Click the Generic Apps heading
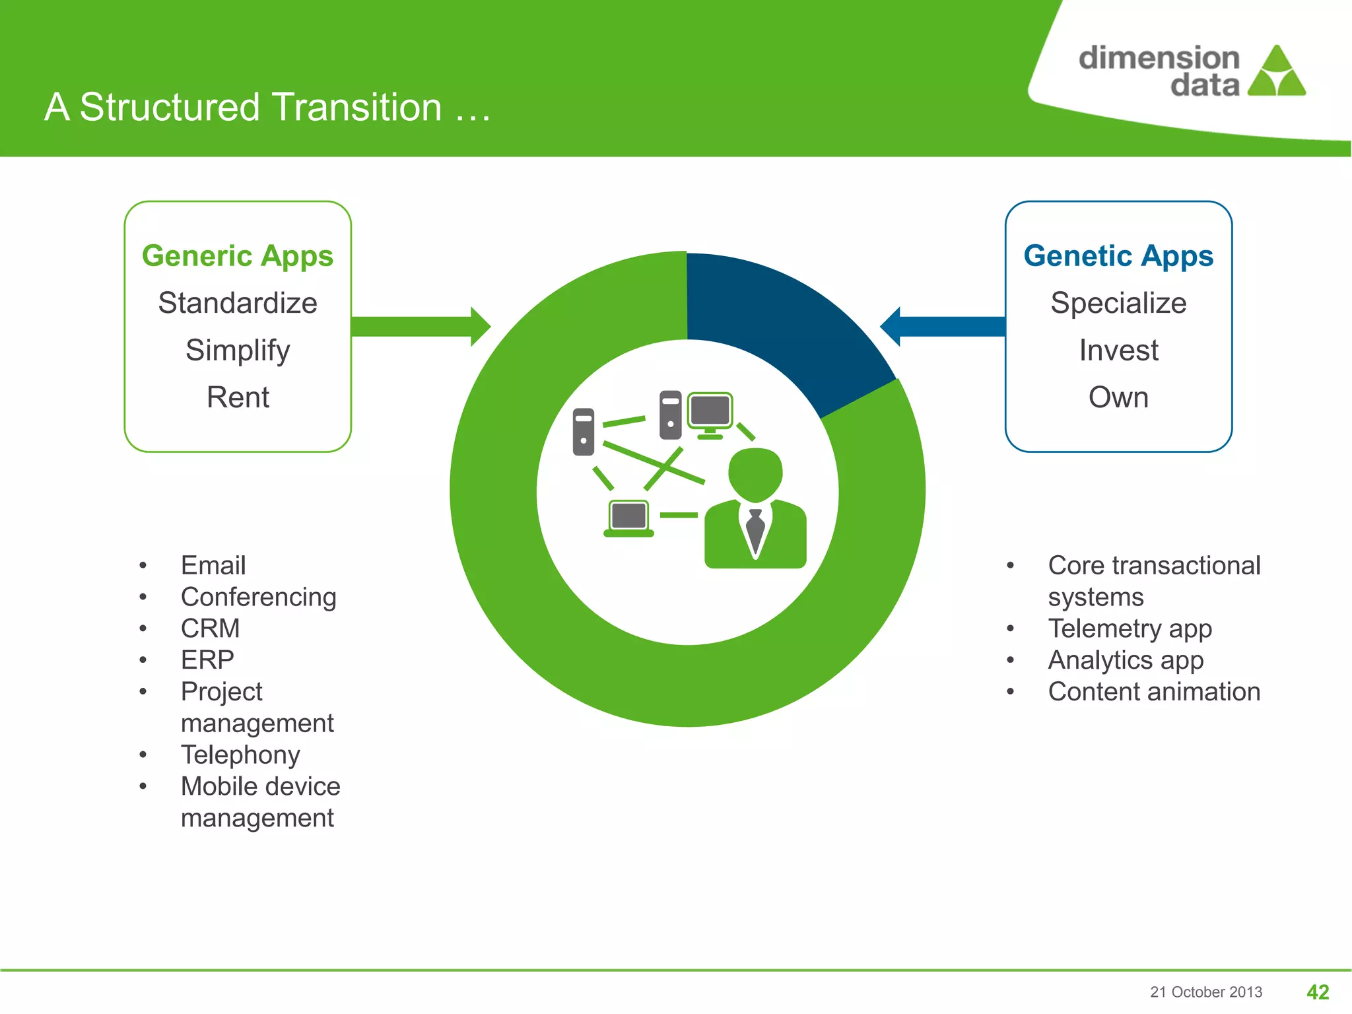point(238,256)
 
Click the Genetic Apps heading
point(1118,256)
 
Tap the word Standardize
point(238,303)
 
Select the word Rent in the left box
point(238,397)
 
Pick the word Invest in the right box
point(1118,351)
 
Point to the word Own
point(1118,397)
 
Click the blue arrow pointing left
point(944,326)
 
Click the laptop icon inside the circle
point(628,519)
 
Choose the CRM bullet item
point(210,628)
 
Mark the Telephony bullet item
point(240,755)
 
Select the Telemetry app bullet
point(1130,628)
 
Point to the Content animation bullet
point(1154,692)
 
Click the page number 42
point(1318,992)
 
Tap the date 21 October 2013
point(1205,992)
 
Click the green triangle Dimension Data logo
point(1277,73)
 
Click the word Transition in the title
point(356,107)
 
